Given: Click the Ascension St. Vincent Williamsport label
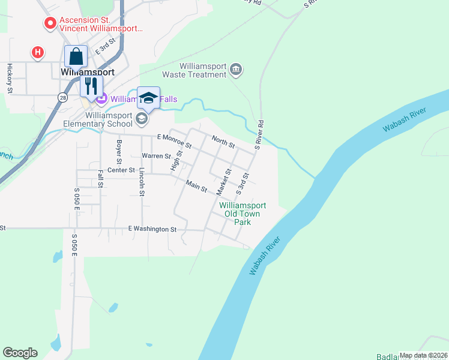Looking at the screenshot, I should click(101, 23).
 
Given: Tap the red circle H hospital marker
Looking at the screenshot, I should click(38, 53).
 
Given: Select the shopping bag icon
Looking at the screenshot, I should click(76, 56).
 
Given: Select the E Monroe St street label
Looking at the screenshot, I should click(173, 141).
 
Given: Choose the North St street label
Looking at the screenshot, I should click(223, 142).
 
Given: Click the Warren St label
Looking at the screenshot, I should click(156, 156).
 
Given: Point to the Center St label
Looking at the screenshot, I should click(121, 170).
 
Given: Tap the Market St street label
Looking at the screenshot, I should click(224, 181).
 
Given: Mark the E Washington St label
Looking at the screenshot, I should click(152, 229).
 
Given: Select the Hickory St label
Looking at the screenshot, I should click(10, 78).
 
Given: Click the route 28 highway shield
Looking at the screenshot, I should click(62, 97).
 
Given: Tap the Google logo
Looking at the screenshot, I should click(20, 353).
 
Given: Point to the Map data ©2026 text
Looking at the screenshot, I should click(423, 355).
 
